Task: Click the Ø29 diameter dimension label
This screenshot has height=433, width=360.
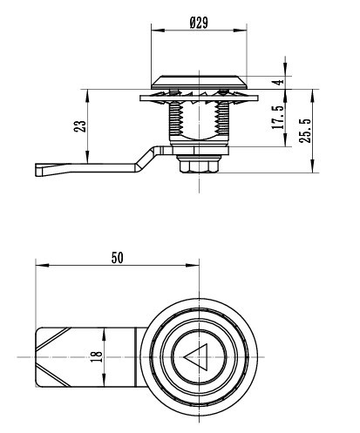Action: [199, 23]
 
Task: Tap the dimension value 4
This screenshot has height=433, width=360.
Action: [279, 82]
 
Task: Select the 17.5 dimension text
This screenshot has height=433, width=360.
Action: [277, 117]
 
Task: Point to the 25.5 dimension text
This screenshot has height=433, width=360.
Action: [305, 131]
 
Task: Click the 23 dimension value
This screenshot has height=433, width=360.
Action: [80, 126]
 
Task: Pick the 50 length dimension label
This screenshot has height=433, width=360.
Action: [118, 258]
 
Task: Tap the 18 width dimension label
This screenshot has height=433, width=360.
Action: [97, 356]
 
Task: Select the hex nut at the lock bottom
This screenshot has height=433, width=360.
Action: [199, 166]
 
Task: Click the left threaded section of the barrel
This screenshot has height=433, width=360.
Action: [175, 118]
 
